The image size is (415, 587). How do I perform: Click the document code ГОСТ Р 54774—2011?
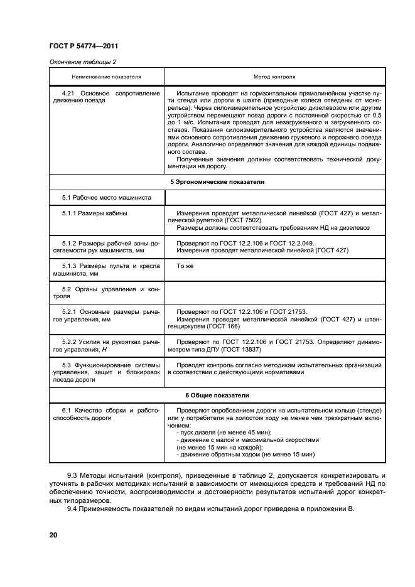pos(84,46)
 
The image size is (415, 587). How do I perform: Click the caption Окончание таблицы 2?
pos(82,62)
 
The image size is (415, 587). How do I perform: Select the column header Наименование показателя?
pos(107,77)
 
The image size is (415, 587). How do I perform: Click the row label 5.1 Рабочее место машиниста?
pos(107,197)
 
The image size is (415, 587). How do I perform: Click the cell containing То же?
pos(185,266)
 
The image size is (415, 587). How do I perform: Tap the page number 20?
pos(53,535)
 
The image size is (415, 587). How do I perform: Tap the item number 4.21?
pos(69,93)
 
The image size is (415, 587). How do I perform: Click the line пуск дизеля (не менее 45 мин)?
pos(224,433)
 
